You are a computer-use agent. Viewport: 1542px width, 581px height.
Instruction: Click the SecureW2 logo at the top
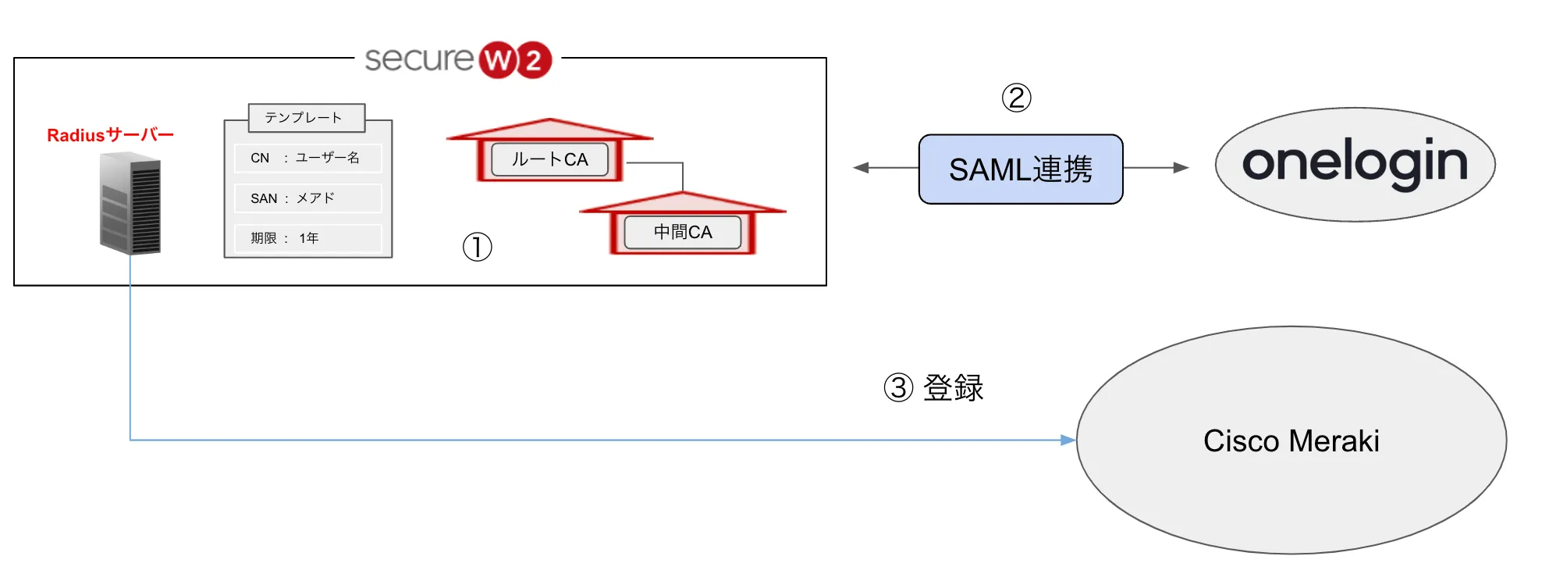458,59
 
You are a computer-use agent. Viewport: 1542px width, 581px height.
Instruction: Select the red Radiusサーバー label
110,135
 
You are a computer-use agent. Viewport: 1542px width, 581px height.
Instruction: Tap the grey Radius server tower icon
130,204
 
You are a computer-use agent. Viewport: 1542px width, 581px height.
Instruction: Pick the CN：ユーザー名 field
307,158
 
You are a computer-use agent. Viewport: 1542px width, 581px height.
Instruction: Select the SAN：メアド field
307,198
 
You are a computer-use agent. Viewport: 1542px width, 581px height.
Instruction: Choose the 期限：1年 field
307,238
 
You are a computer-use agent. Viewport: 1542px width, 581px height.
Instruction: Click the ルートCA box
549,159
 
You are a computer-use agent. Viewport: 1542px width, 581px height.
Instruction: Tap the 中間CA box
683,232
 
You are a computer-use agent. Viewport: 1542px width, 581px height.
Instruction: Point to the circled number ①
477,247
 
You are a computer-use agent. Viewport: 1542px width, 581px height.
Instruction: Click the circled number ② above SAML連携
1016,98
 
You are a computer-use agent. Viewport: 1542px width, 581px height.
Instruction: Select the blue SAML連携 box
1021,169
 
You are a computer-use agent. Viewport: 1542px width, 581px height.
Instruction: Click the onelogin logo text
1355,163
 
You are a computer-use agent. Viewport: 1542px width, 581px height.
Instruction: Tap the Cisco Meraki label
1291,441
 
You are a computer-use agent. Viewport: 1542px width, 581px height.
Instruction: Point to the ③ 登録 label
934,387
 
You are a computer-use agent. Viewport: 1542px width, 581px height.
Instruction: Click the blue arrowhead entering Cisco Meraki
1068,440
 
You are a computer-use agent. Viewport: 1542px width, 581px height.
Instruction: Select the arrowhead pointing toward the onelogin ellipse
1181,168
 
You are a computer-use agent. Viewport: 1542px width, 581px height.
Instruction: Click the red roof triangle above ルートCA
549,130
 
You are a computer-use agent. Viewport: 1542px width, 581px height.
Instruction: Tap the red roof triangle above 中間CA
683,203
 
